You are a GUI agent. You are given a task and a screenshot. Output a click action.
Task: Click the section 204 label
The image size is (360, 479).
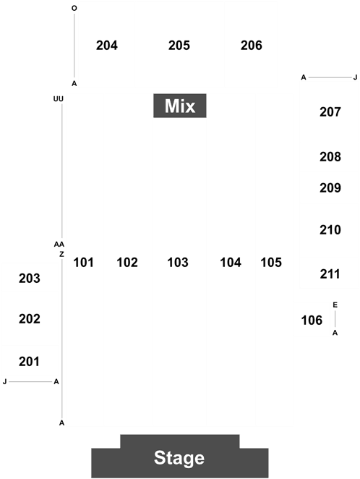(107, 46)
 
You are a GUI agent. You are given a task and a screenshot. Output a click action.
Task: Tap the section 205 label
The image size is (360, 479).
(179, 46)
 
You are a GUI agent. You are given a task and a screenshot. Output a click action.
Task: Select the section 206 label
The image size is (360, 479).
(252, 46)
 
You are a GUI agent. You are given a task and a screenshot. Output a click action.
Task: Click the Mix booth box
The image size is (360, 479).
(180, 106)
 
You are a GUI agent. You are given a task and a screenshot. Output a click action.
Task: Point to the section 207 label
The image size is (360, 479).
(330, 112)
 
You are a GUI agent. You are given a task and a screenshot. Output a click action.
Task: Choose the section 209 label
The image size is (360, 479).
(330, 188)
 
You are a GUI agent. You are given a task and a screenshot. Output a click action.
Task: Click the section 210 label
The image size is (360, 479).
(330, 230)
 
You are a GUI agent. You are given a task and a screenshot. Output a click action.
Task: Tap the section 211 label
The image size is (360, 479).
(330, 274)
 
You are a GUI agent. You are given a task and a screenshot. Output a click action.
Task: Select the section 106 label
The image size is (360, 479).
(312, 321)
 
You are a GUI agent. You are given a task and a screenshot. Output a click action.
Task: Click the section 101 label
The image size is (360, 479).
(84, 263)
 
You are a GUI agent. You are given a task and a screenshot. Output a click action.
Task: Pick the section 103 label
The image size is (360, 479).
(178, 263)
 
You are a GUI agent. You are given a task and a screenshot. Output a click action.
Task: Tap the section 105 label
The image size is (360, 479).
(271, 263)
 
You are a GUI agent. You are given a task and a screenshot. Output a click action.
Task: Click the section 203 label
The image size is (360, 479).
(30, 279)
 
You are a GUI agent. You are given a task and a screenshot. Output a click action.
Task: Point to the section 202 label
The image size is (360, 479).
(30, 319)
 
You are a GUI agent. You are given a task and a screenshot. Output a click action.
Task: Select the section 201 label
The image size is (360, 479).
(29, 362)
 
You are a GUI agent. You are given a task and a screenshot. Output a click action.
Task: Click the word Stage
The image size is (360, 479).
(179, 458)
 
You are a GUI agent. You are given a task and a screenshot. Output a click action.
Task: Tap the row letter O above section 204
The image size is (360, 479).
(74, 8)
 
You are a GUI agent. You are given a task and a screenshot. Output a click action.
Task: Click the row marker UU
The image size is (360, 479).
(59, 99)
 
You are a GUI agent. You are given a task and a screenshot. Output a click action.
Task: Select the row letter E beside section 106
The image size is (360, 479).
(335, 305)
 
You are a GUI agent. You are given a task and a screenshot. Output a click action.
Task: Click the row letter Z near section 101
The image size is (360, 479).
(61, 254)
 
